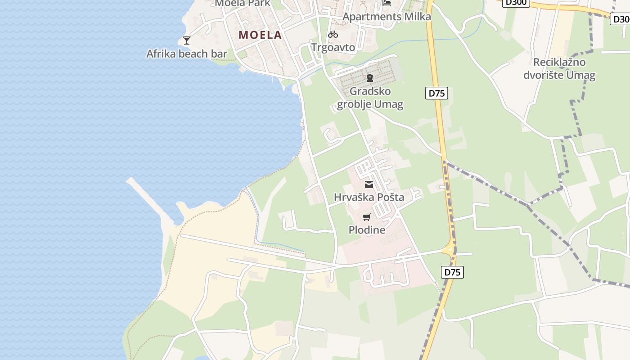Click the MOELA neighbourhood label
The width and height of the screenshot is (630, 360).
click(260, 35)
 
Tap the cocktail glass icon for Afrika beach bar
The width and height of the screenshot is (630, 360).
click(187, 40)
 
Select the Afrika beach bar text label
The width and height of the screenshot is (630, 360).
click(187, 54)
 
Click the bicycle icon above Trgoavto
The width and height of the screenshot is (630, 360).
click(333, 34)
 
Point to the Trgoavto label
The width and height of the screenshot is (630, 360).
click(333, 47)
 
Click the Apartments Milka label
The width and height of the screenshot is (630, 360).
click(387, 17)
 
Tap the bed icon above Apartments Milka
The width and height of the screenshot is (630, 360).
click(387, 3)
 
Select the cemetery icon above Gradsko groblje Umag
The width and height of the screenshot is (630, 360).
click(370, 78)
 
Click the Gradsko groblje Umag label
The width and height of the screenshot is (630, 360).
click(370, 98)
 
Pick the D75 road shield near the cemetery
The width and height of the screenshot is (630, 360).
click(436, 93)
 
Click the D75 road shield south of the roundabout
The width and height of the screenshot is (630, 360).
click(453, 272)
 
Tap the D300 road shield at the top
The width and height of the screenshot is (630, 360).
click(516, 2)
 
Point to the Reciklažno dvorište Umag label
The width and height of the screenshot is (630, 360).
click(559, 68)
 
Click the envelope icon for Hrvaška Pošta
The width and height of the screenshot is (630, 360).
click(369, 184)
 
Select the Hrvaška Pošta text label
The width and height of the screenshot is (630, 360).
click(369, 197)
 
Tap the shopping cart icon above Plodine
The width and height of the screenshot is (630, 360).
click(367, 217)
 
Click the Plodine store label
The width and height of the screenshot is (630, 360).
click(367, 230)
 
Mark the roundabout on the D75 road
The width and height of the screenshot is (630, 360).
click(449, 249)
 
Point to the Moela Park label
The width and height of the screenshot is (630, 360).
click(243, 3)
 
